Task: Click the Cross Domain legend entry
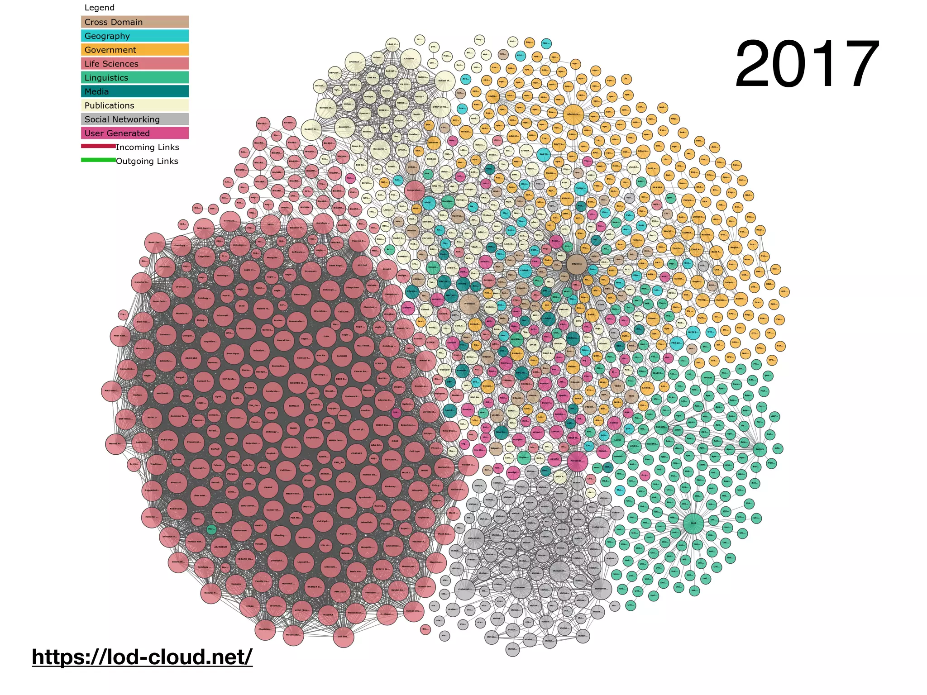(x=134, y=22)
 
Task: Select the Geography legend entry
(x=134, y=36)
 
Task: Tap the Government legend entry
(x=134, y=50)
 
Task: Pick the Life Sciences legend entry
(x=134, y=64)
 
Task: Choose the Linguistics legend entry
(x=134, y=78)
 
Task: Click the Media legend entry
(x=134, y=91)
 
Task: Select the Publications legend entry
(x=134, y=105)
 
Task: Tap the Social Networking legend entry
(x=134, y=119)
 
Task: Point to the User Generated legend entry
(x=134, y=133)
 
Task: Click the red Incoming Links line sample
(x=98, y=146)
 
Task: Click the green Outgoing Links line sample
(x=98, y=160)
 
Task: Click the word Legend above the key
(x=99, y=8)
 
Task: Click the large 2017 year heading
(x=807, y=65)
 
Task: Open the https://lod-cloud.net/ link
(x=142, y=657)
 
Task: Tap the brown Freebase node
(x=469, y=304)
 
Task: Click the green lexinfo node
(x=760, y=449)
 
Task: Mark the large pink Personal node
(x=577, y=461)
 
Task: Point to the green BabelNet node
(x=661, y=427)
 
